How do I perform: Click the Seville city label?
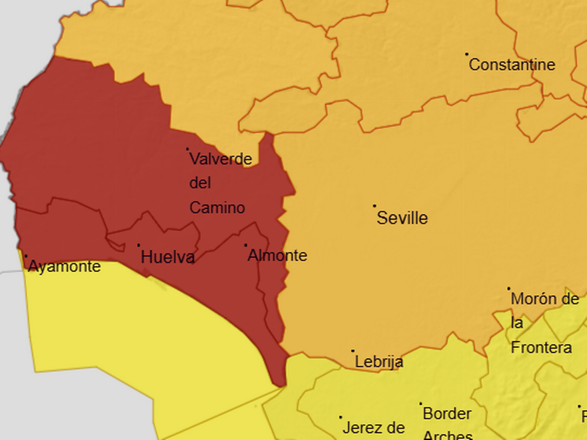tap(402, 218)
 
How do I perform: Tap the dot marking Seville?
tap(375, 206)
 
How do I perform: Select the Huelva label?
tap(168, 257)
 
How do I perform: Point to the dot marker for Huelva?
tap(138, 245)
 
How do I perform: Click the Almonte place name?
tap(277, 255)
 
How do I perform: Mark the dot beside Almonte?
tap(246, 245)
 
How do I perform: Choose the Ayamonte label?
tap(64, 266)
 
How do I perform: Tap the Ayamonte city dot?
tap(26, 256)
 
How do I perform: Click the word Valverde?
tap(221, 159)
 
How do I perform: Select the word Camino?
tap(217, 208)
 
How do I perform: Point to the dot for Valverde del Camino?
tap(187, 149)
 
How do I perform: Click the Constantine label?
tap(512, 65)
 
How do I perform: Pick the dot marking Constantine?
tap(467, 54)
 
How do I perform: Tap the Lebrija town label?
tap(379, 362)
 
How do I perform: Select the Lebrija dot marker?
tap(353, 351)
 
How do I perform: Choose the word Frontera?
tap(542, 348)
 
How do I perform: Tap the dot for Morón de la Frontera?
tap(509, 288)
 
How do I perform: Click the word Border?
tap(447, 414)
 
